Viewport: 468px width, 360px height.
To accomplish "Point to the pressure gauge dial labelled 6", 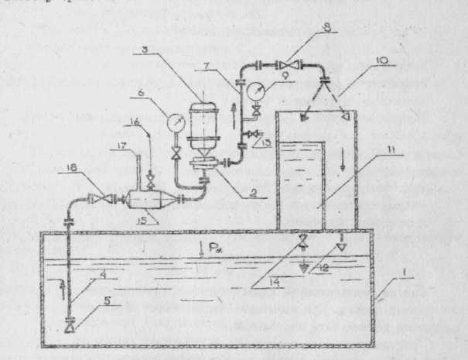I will (175, 124).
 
